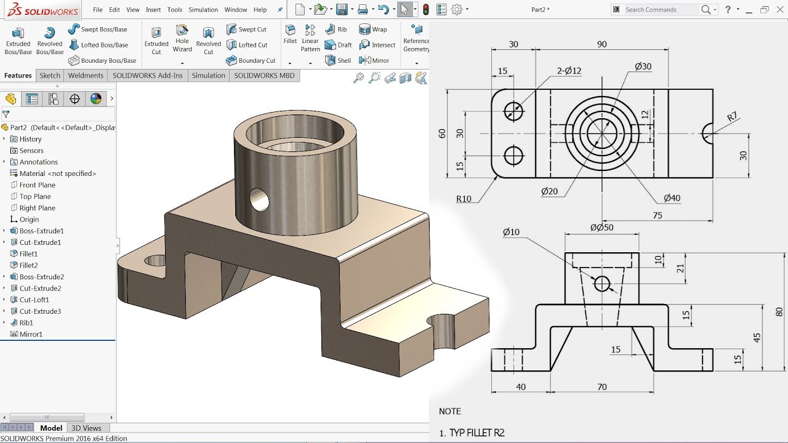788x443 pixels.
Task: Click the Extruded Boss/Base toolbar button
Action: click(18, 41)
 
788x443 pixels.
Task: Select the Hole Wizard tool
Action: click(182, 38)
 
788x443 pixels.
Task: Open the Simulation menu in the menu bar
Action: click(203, 10)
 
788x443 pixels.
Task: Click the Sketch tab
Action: click(50, 76)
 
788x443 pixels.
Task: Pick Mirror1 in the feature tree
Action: click(31, 334)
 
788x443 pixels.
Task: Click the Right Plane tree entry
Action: click(37, 208)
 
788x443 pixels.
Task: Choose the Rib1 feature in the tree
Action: click(26, 322)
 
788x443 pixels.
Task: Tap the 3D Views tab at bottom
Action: click(86, 428)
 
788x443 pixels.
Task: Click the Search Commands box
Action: click(662, 10)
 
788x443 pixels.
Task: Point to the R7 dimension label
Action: click(732, 117)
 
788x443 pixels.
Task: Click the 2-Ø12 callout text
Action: click(569, 71)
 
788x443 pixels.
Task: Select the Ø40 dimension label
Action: click(672, 198)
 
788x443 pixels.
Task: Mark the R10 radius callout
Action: click(464, 199)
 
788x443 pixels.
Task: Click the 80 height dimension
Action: click(779, 312)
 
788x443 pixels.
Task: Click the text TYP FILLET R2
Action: click(476, 433)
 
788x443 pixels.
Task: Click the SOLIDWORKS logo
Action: click(41, 10)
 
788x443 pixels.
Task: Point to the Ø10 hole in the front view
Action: click(601, 284)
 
